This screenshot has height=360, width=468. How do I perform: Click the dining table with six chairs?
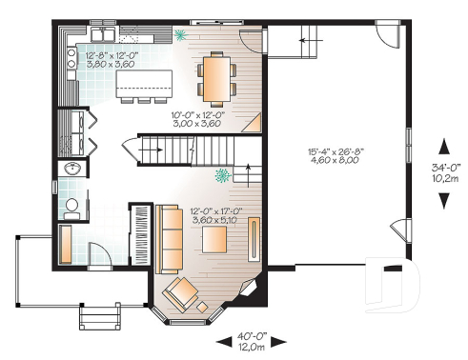click(x=214, y=77)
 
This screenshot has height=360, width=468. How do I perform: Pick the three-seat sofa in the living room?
click(x=171, y=237)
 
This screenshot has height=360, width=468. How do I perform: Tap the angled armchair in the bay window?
click(x=178, y=294)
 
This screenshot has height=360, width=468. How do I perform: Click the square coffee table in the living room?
click(x=203, y=305)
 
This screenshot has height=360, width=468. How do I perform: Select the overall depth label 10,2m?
click(x=443, y=176)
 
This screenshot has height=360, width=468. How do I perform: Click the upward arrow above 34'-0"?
click(x=443, y=146)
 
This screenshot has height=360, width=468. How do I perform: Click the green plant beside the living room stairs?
click(x=223, y=176)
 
